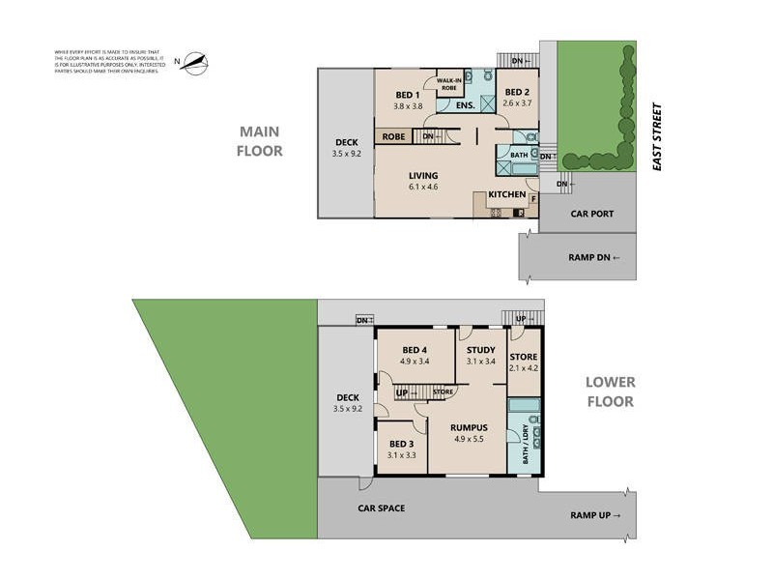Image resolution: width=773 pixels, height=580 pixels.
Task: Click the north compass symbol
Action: [195, 64]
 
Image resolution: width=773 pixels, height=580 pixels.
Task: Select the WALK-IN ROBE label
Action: [449, 84]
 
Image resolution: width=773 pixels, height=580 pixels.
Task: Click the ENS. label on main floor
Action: [465, 105]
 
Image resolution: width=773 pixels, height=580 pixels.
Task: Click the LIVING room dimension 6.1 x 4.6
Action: [423, 187]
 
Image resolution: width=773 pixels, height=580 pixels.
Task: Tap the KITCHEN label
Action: [506, 195]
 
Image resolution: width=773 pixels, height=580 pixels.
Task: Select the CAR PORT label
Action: [592, 214]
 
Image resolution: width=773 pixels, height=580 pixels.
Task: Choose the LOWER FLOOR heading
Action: [610, 391]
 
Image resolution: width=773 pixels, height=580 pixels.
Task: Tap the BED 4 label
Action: [415, 350]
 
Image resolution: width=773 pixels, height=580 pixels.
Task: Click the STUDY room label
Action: [480, 350]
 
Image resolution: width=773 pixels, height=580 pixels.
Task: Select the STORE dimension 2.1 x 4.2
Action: [523, 367]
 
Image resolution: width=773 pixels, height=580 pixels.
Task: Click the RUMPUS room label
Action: [468, 428]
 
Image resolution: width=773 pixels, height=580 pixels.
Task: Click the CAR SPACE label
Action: [381, 507]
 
